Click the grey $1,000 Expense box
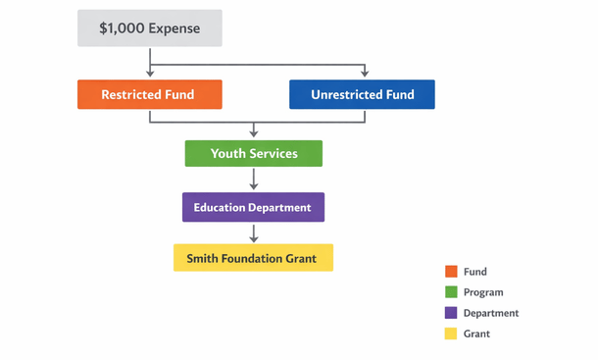click(x=150, y=28)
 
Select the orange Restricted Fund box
click(x=150, y=94)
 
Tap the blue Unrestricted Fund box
click(x=362, y=94)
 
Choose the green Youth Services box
click(x=254, y=153)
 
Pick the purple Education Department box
click(x=253, y=207)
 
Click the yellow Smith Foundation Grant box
click(x=253, y=258)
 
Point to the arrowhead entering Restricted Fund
click(x=150, y=75)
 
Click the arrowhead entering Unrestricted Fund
click(x=364, y=75)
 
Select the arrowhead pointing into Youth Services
click(x=254, y=134)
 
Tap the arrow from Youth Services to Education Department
click(x=254, y=180)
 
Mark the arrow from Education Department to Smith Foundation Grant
click(x=254, y=233)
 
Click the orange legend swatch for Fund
click(x=451, y=272)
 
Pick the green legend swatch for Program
click(x=451, y=292)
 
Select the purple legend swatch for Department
click(x=451, y=313)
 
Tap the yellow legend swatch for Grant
click(x=451, y=334)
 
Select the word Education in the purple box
click(x=221, y=207)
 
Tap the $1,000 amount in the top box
click(x=123, y=28)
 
